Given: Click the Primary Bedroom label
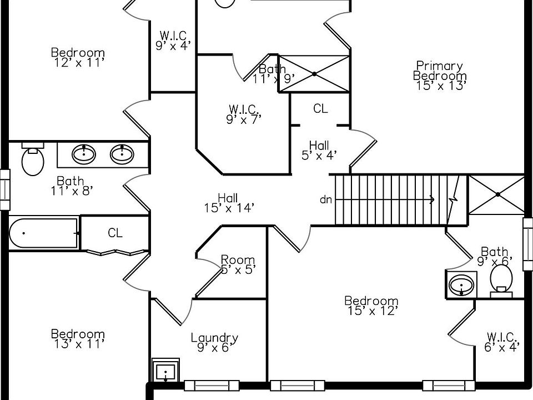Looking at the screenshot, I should (440, 71).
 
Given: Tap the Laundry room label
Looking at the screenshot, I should (214, 338).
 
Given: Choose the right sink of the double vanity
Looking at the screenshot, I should (122, 154).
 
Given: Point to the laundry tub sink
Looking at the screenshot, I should (165, 370).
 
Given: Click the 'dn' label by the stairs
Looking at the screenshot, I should (326, 199).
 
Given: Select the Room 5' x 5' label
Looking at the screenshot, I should (238, 259).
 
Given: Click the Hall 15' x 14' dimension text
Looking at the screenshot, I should (229, 208).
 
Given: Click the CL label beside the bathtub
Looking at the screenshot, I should (115, 233).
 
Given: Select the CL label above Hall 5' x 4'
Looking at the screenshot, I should (320, 109).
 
